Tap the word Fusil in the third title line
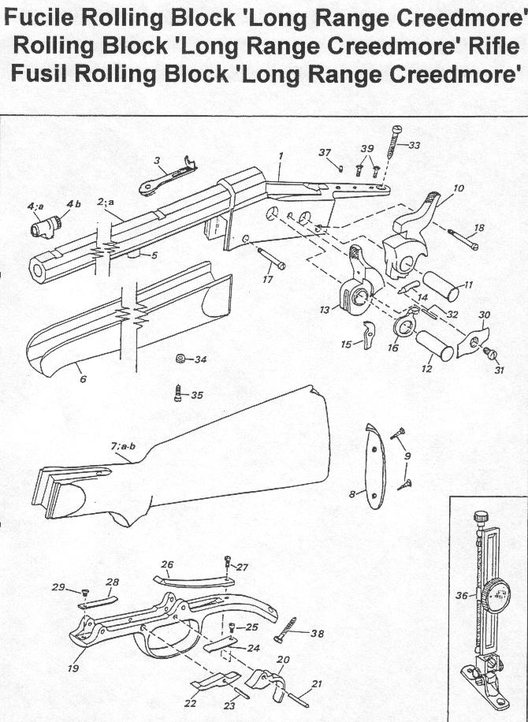[x=43, y=74]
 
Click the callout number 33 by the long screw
[x=415, y=145]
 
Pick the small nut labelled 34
[x=180, y=360]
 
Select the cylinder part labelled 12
[x=435, y=345]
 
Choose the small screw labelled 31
[x=488, y=352]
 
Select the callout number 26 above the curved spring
[x=166, y=564]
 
